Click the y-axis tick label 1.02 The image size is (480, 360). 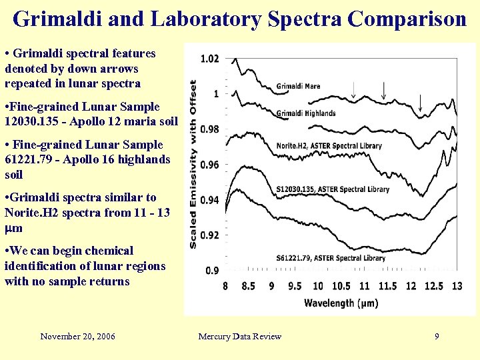click(x=209, y=59)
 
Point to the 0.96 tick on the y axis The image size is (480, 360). click(x=209, y=165)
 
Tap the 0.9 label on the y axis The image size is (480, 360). click(x=212, y=270)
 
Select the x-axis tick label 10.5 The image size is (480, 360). click(x=340, y=286)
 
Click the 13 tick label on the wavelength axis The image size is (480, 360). click(x=456, y=286)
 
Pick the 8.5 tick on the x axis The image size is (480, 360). click(x=247, y=286)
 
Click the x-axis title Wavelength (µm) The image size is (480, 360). click(x=341, y=303)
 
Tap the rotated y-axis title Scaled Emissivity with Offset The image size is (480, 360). click(x=193, y=164)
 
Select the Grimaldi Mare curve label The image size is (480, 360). click(x=298, y=86)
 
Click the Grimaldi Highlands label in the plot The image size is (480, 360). click(x=306, y=113)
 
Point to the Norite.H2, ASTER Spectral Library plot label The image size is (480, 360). click(x=329, y=145)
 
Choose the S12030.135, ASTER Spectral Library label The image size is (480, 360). click(x=332, y=189)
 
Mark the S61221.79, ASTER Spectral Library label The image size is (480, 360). click(x=332, y=257)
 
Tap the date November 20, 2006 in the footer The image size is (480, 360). click(x=77, y=337)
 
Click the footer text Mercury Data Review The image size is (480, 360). click(x=239, y=337)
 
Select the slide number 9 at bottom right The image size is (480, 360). click(x=437, y=337)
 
